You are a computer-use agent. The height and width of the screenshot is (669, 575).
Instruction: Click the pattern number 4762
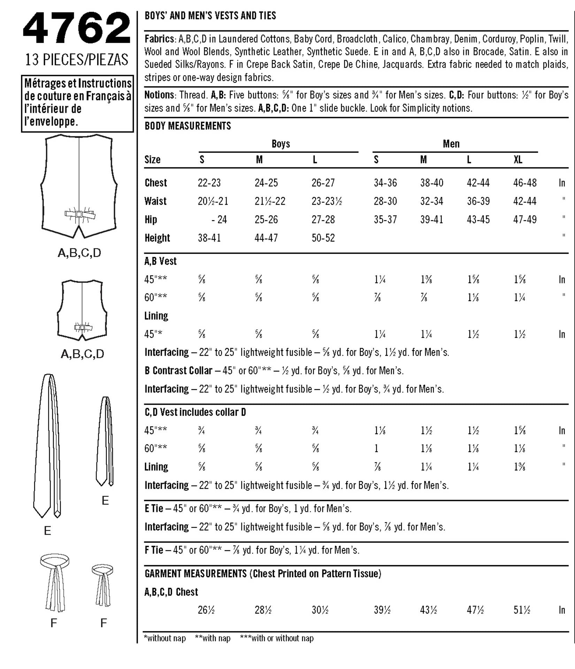tap(77, 28)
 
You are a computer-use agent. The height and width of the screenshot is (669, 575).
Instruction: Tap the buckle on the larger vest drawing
tap(79, 214)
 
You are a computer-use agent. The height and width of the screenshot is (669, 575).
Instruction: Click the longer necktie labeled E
tap(47, 446)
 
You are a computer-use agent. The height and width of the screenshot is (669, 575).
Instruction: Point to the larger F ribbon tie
tap(54, 582)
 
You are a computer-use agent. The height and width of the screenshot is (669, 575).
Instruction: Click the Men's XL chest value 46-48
tap(525, 183)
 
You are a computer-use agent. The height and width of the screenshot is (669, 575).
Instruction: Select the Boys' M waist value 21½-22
tap(270, 201)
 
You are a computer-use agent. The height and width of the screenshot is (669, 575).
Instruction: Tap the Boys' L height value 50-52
tap(323, 238)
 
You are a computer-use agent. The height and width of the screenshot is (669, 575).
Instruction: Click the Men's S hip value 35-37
tap(385, 220)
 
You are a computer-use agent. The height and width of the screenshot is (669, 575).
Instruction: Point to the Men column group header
tap(451, 144)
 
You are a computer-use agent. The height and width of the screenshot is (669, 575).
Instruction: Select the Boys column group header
tap(281, 144)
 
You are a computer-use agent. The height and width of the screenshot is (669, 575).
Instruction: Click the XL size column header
tap(518, 160)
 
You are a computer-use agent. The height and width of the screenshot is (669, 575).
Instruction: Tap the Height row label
tap(157, 238)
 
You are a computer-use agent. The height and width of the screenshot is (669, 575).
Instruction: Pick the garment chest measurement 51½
tap(522, 610)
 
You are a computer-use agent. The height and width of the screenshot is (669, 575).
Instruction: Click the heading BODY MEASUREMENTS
tap(188, 126)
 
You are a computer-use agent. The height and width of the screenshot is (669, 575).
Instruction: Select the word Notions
tap(159, 95)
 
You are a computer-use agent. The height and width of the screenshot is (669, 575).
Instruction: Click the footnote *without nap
tap(164, 638)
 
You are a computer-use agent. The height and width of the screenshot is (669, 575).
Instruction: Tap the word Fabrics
tap(160, 39)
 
